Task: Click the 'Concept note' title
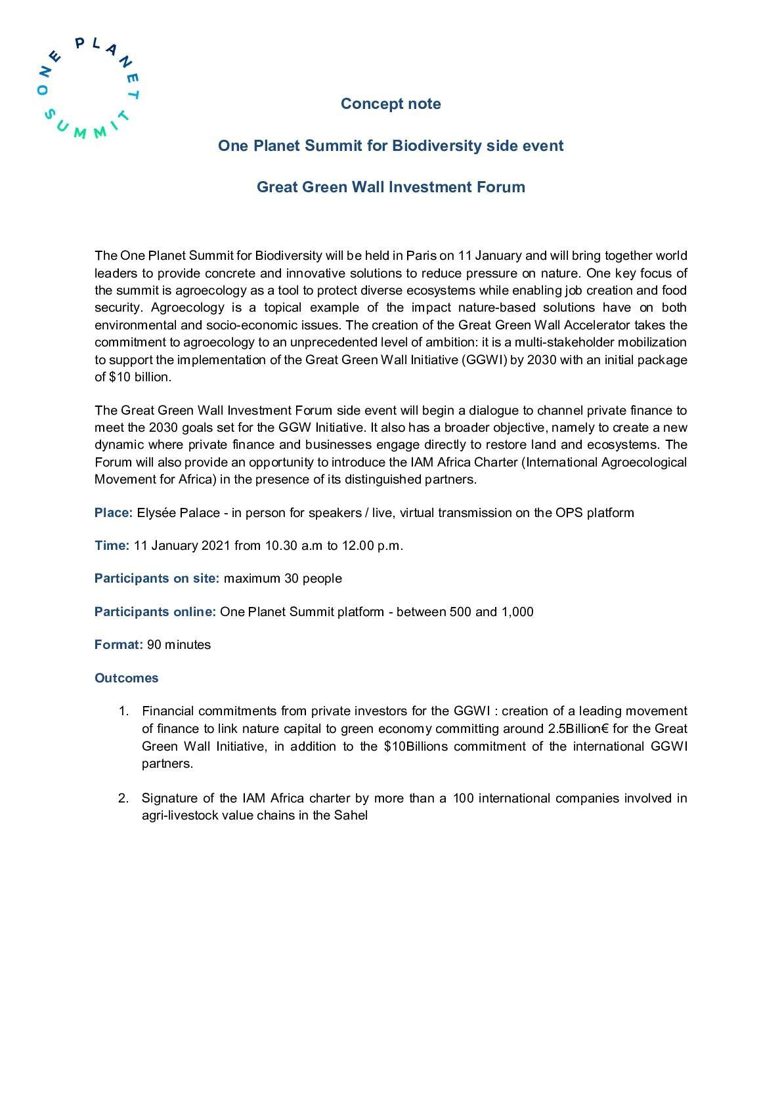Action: coord(391,104)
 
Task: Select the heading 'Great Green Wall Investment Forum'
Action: coord(391,187)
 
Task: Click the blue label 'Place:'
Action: coord(114,512)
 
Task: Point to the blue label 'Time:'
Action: coord(112,545)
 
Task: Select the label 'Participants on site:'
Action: coord(157,578)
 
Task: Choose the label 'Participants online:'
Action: coord(155,612)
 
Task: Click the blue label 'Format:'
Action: coord(118,644)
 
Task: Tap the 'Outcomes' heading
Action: coord(127,678)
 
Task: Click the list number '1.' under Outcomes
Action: coord(124,711)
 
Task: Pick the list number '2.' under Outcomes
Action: coord(124,799)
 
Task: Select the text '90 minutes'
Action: coord(179,644)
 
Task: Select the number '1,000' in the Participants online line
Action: coord(517,612)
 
